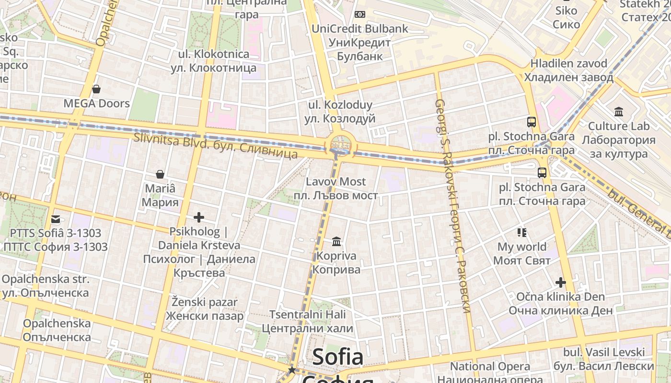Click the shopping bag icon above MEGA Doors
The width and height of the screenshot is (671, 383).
point(96,89)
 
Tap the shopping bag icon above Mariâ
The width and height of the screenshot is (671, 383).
point(160,174)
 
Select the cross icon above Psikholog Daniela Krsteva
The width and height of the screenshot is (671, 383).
point(199,217)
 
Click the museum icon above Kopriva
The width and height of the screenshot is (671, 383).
point(336,242)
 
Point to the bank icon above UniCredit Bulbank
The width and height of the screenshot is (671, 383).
point(359,14)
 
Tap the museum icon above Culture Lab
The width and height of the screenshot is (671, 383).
point(619,112)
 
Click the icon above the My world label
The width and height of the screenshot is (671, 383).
point(522,233)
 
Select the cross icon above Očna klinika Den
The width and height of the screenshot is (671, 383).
point(560,282)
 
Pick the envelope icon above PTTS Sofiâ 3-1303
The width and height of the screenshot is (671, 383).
point(56,219)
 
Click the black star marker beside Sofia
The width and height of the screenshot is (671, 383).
point(291,370)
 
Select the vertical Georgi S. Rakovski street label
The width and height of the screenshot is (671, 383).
point(451,206)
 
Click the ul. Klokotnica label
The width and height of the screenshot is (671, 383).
point(213,61)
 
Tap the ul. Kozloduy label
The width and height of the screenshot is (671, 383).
point(340,112)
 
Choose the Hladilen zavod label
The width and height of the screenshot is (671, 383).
point(568,70)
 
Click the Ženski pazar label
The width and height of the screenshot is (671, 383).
point(205,309)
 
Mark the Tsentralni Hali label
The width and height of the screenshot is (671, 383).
point(307,322)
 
